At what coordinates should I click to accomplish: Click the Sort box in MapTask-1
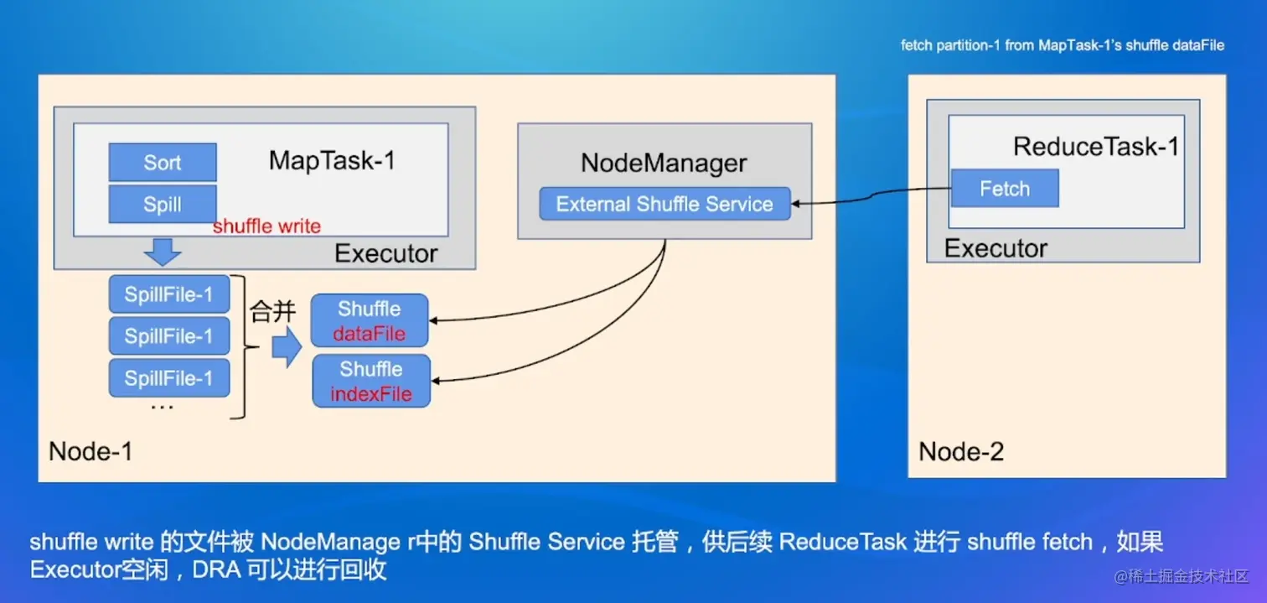click(163, 163)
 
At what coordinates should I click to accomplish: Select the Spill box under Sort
click(163, 205)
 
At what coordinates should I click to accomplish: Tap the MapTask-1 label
click(332, 160)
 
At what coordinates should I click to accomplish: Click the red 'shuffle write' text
click(266, 226)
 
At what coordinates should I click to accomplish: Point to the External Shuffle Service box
click(665, 204)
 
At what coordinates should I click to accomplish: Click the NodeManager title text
click(664, 163)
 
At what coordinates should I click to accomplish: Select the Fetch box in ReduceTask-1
click(1005, 189)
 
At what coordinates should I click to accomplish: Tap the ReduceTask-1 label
click(1096, 147)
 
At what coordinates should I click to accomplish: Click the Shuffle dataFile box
click(370, 321)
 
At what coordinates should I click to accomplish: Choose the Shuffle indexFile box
click(371, 382)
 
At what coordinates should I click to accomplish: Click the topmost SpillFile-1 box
click(169, 294)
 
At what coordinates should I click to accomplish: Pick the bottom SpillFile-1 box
click(169, 378)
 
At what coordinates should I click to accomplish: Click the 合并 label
click(273, 313)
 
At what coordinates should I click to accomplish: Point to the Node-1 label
click(90, 451)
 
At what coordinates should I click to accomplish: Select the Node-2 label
click(961, 452)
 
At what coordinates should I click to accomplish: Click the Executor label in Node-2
click(995, 248)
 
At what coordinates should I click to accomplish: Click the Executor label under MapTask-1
click(386, 253)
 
